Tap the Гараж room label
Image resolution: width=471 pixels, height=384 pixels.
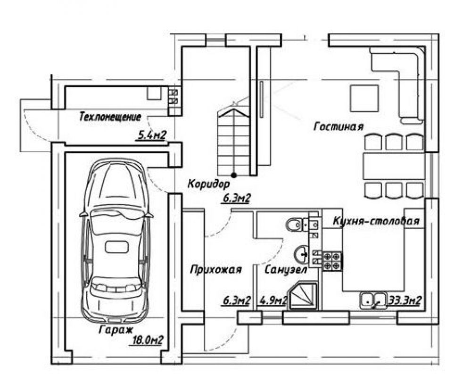point(116,330)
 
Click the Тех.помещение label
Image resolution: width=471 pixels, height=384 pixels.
point(110,117)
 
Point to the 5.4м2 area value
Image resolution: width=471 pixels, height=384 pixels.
point(152,136)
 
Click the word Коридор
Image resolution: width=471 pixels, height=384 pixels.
point(209,184)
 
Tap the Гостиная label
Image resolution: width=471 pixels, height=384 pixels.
point(339,126)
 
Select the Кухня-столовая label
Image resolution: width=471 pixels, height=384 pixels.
point(376,221)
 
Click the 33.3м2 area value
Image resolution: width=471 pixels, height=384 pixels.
point(405,300)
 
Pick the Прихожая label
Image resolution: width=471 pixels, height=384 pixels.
point(215,269)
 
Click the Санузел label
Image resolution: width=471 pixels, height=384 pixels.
point(286,269)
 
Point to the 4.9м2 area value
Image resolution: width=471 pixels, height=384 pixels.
point(273,300)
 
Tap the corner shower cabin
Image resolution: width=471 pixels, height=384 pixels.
point(303,295)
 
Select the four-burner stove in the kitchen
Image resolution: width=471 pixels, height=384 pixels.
point(332,261)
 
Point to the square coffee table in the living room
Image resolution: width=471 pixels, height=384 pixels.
point(364,98)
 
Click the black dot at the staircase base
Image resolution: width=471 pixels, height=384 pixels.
point(234,175)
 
